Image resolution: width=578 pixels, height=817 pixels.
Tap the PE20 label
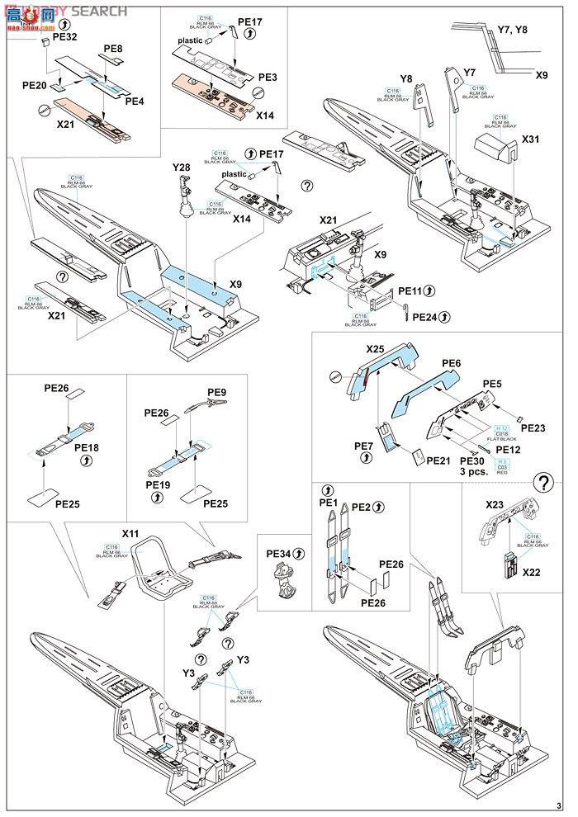point(35,85)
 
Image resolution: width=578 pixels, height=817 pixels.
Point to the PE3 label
point(267,77)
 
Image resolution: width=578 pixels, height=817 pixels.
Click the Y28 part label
point(182,168)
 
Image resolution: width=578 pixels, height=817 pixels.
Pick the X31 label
point(531,141)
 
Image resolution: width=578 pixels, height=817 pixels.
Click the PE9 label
point(216,391)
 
